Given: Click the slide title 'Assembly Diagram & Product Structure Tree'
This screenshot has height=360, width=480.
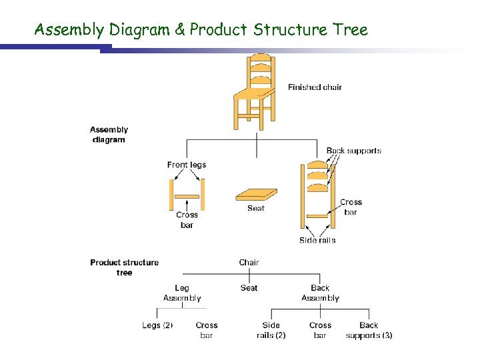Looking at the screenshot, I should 201,30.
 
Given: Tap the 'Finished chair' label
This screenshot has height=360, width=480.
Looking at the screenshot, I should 315,87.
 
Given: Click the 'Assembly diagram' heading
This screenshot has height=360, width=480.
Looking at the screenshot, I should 109,135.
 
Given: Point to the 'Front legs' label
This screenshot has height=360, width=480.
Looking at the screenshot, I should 187,165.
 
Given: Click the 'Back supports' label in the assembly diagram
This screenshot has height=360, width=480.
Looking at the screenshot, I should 354,151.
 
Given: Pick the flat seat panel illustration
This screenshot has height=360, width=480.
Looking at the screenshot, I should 256,195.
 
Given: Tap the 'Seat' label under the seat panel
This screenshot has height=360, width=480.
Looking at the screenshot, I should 256,209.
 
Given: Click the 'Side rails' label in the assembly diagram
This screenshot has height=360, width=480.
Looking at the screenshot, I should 317,240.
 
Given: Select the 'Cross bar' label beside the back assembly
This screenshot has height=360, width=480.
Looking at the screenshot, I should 351,207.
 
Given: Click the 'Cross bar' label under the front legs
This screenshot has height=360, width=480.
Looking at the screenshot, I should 187,220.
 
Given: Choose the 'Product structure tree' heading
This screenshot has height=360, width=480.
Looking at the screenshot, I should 124,267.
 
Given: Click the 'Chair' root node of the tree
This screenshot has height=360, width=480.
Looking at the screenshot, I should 249,263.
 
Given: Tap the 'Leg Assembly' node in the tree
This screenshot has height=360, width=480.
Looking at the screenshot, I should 182,293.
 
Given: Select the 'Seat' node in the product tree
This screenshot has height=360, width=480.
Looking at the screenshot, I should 249,288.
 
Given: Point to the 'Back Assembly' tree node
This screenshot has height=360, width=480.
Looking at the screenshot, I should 320,293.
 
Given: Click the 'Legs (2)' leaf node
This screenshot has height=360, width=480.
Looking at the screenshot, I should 157,325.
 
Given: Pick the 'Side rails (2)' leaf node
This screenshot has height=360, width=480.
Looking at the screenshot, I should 271,330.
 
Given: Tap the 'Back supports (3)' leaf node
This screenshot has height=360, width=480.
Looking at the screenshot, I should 369,330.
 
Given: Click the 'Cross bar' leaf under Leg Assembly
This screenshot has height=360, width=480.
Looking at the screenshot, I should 207,330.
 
